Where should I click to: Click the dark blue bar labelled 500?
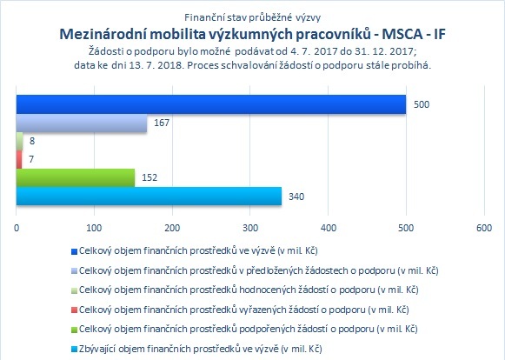(211, 104)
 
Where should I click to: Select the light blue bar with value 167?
(82, 123)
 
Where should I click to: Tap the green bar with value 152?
(76, 177)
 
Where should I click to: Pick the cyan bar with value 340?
(149, 196)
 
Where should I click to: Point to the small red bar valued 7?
(19, 159)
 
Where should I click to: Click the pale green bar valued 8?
(19, 141)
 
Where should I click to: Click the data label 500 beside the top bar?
(422, 104)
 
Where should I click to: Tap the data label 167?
(162, 123)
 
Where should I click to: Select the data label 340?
(296, 197)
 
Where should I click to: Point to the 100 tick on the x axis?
(95, 228)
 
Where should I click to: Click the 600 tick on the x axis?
(484, 228)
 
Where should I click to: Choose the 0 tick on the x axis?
(17, 228)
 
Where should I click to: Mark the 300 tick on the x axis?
(250, 228)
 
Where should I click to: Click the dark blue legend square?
(75, 251)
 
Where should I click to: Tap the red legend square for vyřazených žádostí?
(75, 310)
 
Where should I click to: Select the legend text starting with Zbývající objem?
(201, 349)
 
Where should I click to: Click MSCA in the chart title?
(402, 34)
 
